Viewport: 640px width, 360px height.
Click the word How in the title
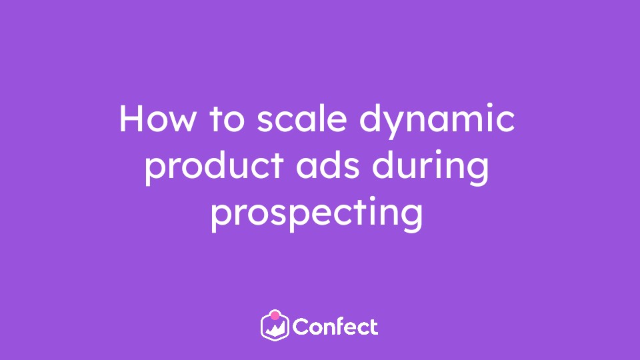pyautogui.click(x=157, y=118)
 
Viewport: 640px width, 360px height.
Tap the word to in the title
pyautogui.click(x=227, y=118)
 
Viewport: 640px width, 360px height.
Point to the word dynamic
pyautogui.click(x=437, y=121)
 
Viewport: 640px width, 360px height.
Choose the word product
pyautogui.click(x=214, y=167)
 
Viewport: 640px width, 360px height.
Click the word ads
pyautogui.click(x=328, y=165)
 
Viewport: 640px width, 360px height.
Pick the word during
pyautogui.click(x=430, y=167)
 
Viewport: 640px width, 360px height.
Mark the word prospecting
pyautogui.click(x=317, y=214)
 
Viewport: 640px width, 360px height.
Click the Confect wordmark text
pyautogui.click(x=335, y=327)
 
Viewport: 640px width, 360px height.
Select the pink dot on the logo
pyautogui.click(x=275, y=315)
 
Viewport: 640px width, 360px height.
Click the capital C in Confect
pyautogui.click(x=301, y=327)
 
